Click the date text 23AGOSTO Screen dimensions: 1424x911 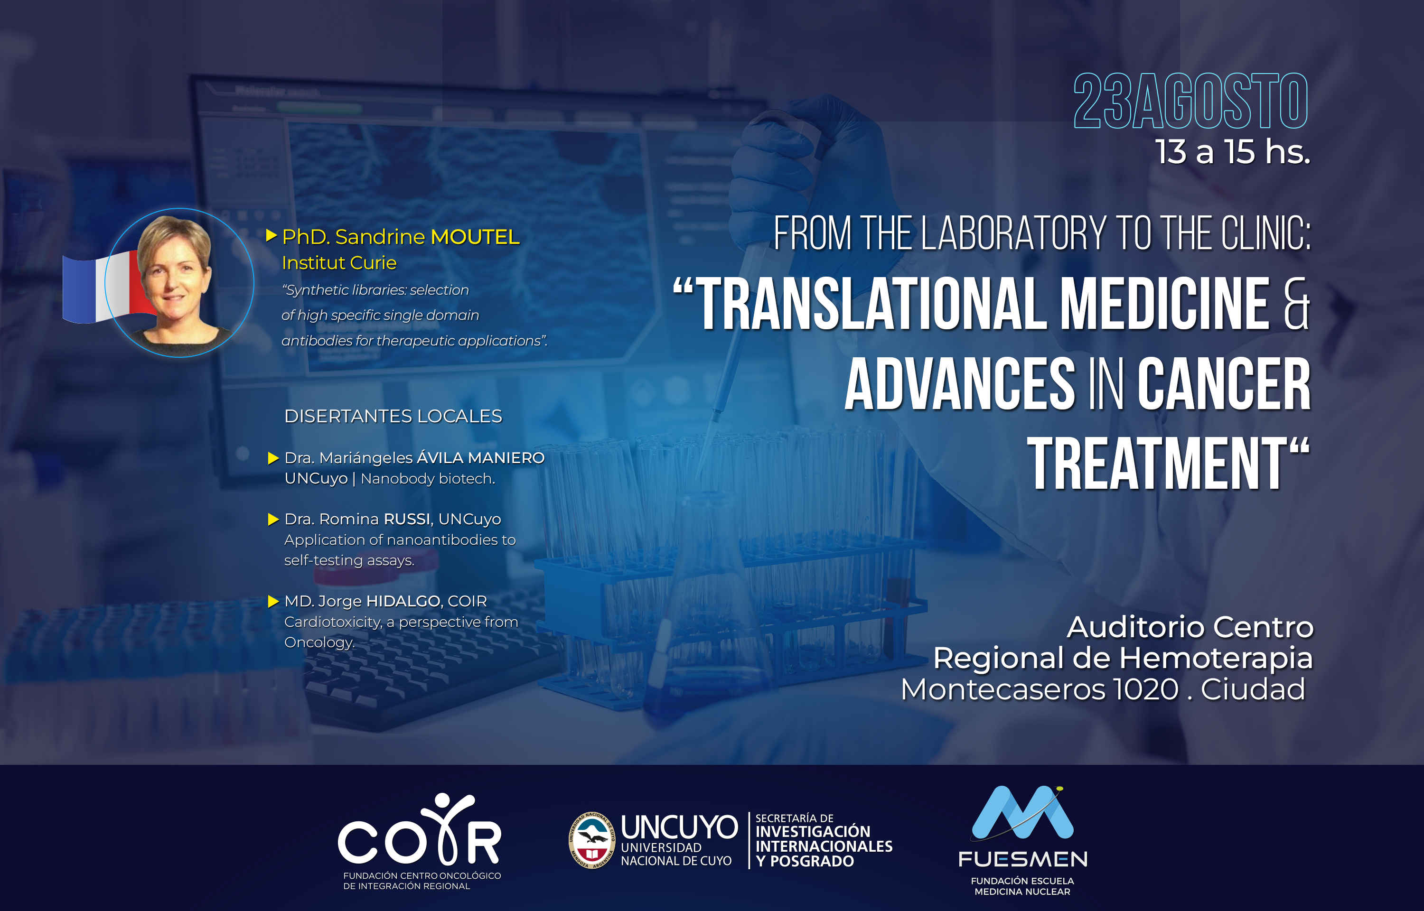(1190, 101)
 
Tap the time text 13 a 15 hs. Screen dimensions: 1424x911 (1232, 151)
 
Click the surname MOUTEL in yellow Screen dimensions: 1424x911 (475, 237)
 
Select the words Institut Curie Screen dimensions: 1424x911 (339, 263)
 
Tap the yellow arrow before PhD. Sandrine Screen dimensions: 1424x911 (272, 236)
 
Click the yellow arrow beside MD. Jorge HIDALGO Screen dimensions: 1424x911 (273, 602)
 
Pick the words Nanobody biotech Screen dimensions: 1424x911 (428, 479)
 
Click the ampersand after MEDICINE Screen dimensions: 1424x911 (1296, 303)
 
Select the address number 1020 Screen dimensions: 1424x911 (1146, 689)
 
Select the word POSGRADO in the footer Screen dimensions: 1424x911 (812, 861)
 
